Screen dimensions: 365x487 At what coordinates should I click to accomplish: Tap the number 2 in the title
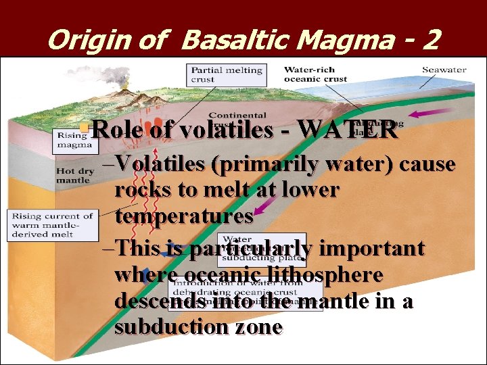click(x=430, y=41)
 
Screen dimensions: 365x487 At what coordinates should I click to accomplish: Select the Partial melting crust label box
click(x=226, y=74)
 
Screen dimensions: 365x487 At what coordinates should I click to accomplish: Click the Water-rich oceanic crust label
click(x=315, y=74)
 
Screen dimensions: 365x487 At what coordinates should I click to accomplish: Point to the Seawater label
click(x=444, y=70)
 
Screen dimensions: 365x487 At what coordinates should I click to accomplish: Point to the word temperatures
click(x=184, y=216)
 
